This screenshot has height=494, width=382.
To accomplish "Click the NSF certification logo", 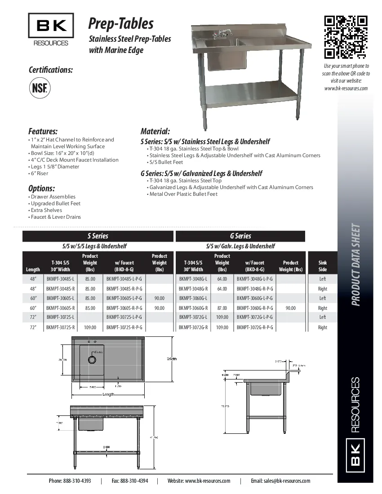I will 40,88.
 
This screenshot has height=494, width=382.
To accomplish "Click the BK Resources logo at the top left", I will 51,30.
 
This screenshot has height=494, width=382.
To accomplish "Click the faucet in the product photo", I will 223,33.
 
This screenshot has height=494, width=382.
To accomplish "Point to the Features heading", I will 43,132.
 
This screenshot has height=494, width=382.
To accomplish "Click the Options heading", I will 41,188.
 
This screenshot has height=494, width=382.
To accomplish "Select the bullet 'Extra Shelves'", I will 46,210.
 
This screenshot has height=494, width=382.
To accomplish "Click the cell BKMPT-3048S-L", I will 60,279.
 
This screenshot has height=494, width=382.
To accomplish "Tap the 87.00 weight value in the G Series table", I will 222,308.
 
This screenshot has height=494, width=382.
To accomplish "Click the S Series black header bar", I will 98,236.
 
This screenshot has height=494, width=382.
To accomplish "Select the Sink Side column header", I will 322,266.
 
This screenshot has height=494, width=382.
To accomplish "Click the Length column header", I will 33,269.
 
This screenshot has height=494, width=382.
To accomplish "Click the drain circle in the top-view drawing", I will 92,360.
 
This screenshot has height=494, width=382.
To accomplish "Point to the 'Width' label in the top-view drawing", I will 172,359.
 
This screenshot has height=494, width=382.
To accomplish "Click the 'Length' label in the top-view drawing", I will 108,394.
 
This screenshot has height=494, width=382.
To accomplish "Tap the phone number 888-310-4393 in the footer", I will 70,481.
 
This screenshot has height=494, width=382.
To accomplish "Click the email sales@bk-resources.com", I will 280,481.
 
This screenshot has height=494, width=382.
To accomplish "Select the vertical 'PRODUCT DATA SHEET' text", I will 356,265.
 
